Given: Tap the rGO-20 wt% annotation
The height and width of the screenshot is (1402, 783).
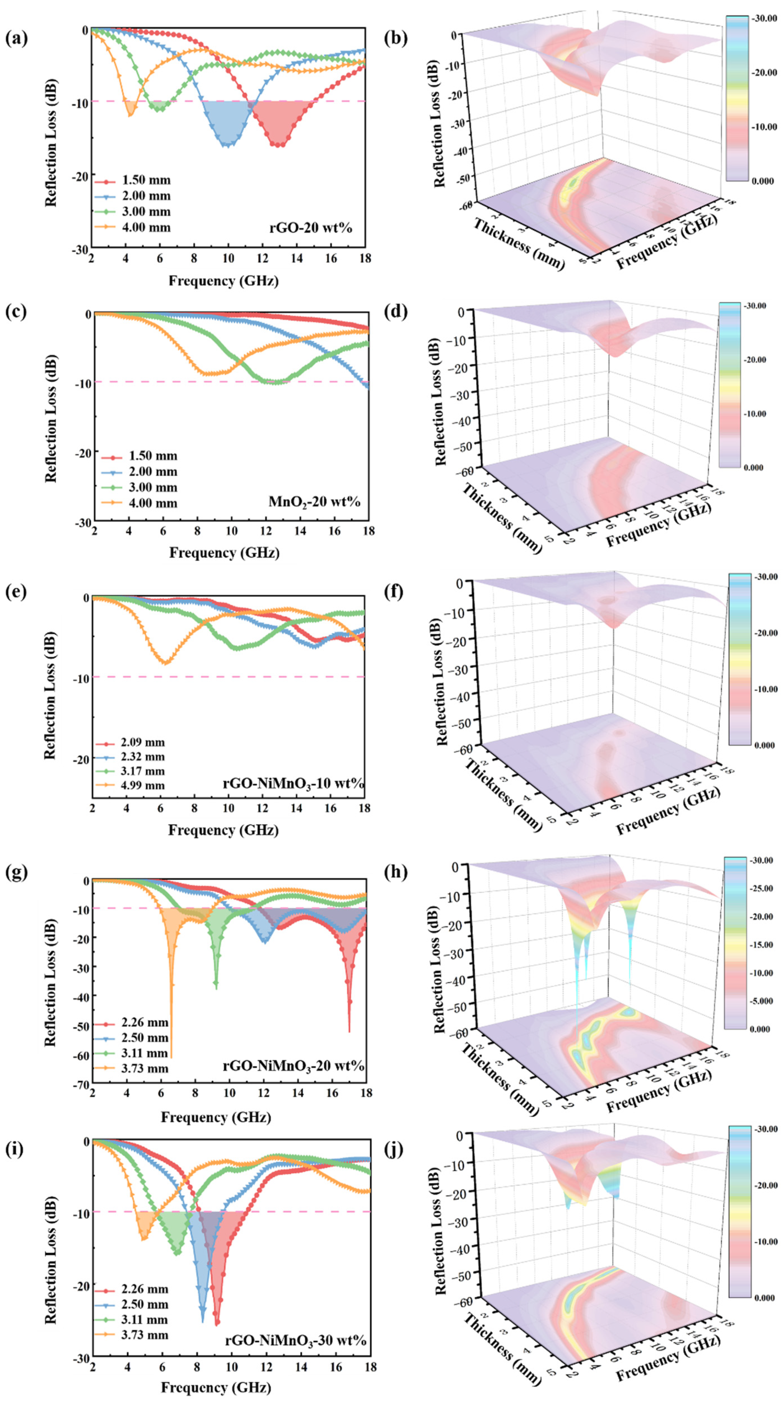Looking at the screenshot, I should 310,228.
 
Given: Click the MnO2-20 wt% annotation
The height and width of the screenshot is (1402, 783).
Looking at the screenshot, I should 314,501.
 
